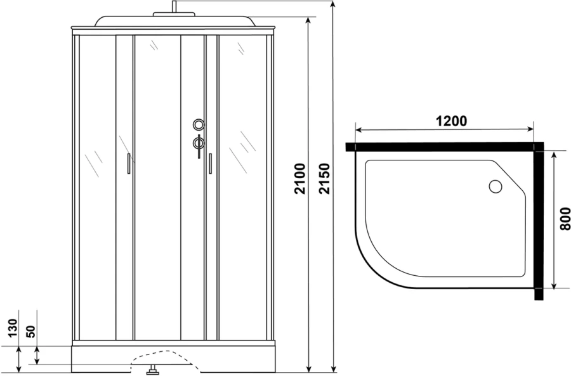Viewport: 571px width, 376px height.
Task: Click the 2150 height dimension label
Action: point(325,178)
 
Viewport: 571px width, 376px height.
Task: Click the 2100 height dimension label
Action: point(300,178)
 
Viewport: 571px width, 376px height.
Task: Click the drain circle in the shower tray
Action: point(495,186)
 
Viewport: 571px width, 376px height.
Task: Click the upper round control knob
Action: point(199,124)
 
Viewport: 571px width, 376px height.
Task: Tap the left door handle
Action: point(129,164)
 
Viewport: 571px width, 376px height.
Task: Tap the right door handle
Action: point(209,164)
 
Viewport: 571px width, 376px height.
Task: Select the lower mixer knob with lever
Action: point(199,143)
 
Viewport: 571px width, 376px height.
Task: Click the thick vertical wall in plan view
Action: point(539,222)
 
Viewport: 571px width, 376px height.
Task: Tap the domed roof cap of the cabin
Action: point(173,21)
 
